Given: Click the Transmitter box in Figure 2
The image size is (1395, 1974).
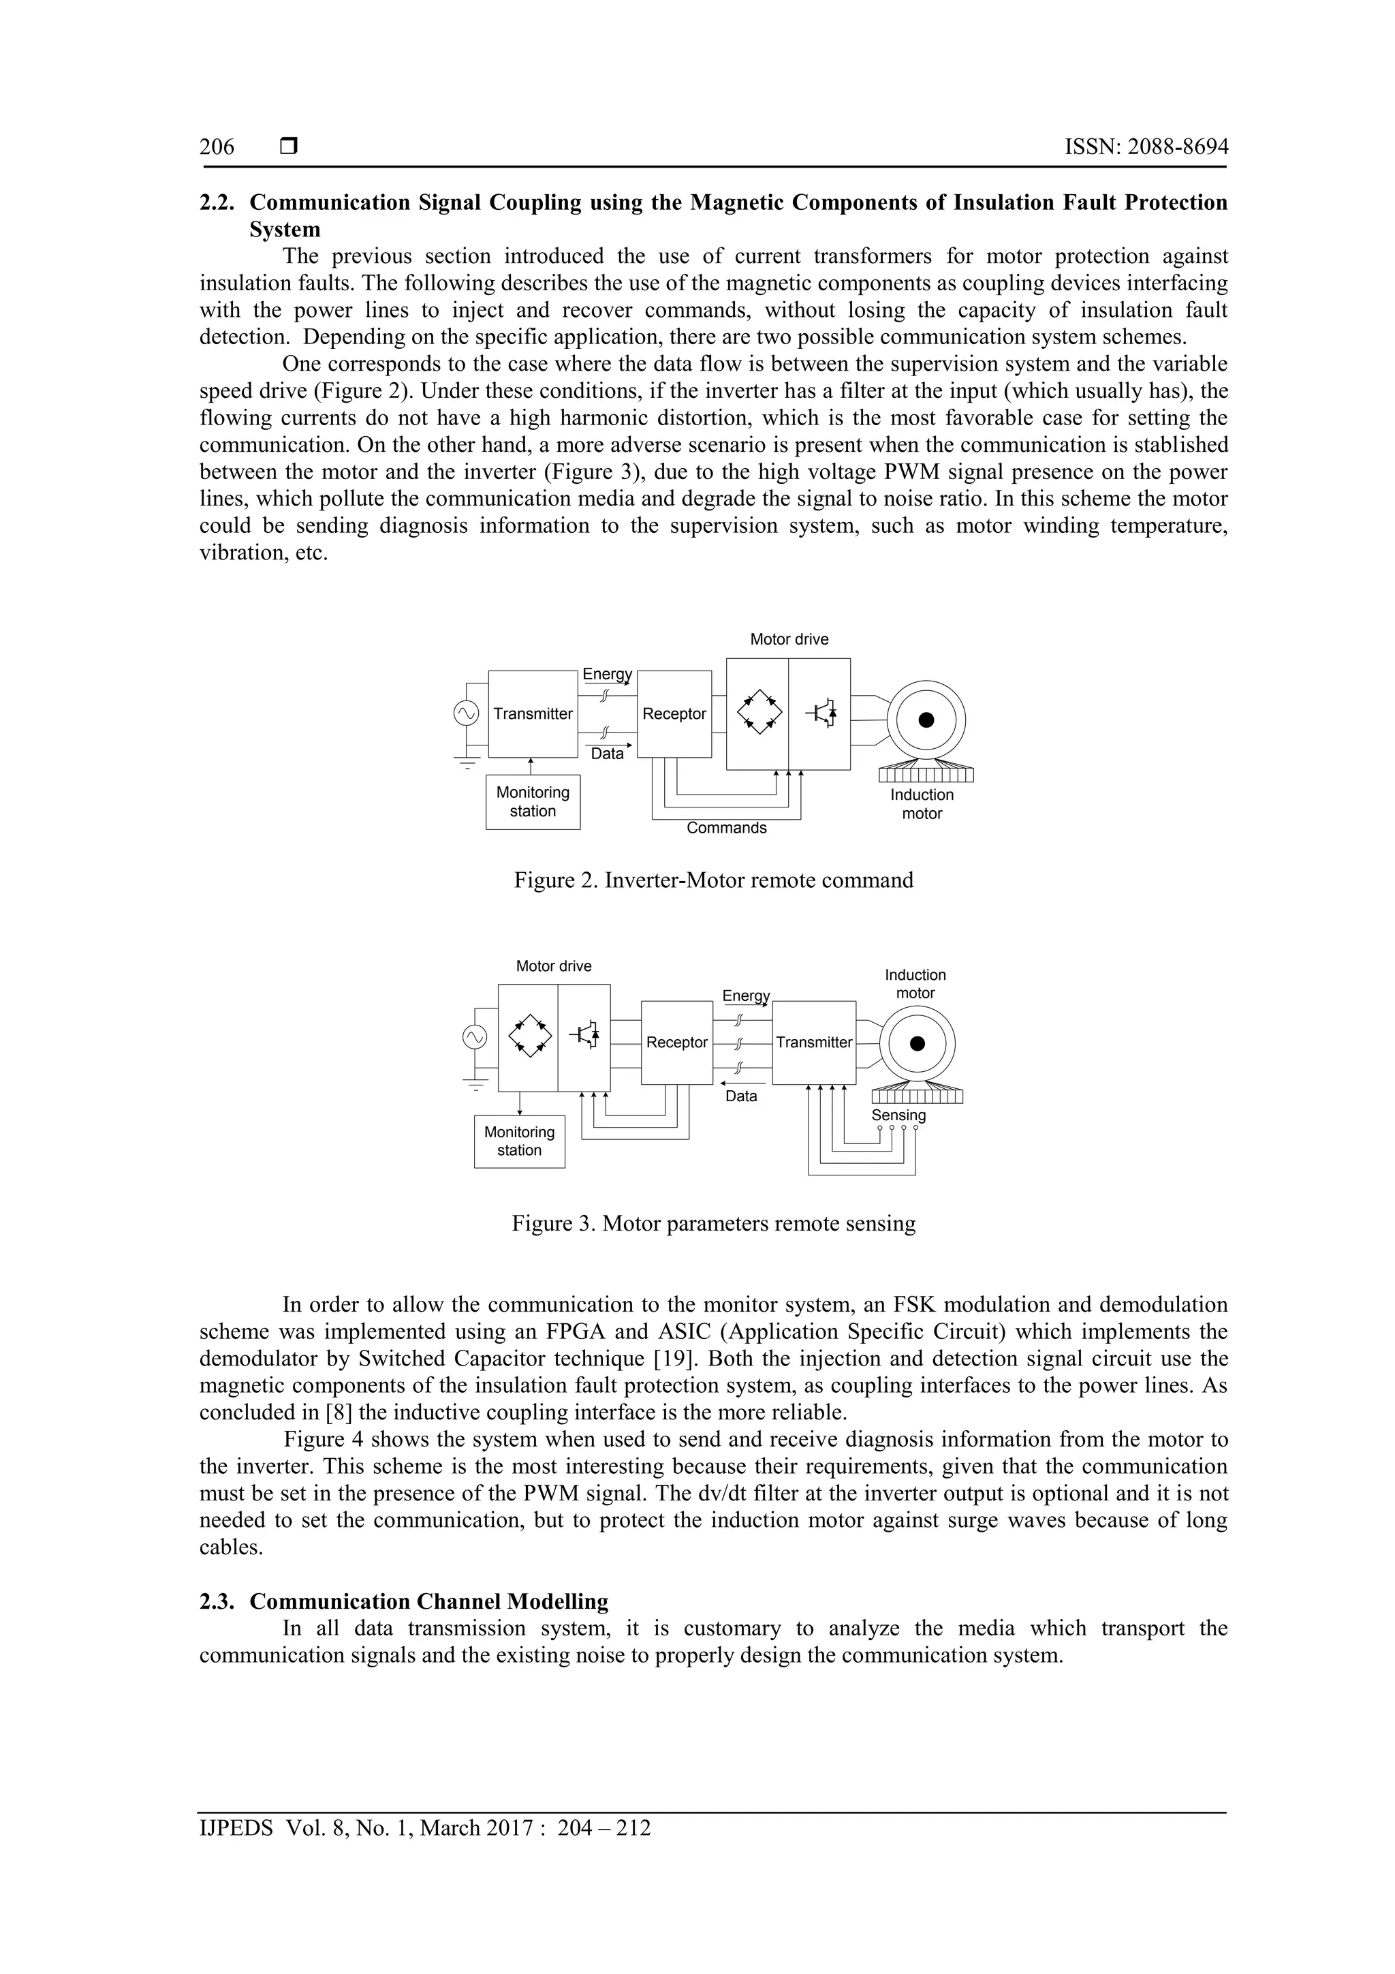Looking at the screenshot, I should (532, 713).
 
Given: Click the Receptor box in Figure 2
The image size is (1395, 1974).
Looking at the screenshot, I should (674, 713).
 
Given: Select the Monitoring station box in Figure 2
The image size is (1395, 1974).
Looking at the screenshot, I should (532, 802).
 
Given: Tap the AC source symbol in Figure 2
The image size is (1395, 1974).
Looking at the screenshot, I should (467, 713).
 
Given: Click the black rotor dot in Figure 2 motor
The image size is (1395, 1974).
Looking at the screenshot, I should (926, 720).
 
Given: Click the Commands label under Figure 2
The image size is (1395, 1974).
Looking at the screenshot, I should (726, 828).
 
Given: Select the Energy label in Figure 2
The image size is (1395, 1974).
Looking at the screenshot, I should (607, 674).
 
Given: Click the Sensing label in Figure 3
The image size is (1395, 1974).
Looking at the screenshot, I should (898, 1115).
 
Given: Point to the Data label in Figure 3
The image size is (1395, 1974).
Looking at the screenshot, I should (741, 1096).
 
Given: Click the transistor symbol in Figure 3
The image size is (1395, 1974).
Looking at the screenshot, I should (585, 1035).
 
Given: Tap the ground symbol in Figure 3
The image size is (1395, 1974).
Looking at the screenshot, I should (475, 1083).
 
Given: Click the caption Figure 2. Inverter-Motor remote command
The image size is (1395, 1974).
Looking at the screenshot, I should (713, 880).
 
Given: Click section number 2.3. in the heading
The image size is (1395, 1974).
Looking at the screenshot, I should (217, 1602).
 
